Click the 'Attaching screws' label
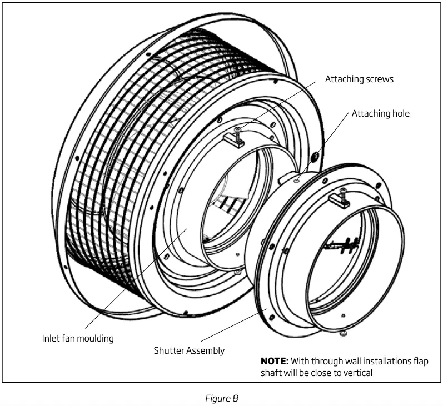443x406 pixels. coord(359,79)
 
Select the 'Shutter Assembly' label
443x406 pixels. coord(189,350)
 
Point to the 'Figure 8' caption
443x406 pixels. coord(221,398)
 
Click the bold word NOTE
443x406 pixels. coord(273,361)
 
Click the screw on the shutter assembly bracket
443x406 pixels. coord(342,192)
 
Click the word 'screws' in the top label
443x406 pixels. coord(380,79)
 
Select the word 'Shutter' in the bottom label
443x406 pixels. coord(169,350)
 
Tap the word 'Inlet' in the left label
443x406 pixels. coord(52,338)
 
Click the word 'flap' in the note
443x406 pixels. coord(420,361)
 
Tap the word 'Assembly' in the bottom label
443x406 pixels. coord(206,350)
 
